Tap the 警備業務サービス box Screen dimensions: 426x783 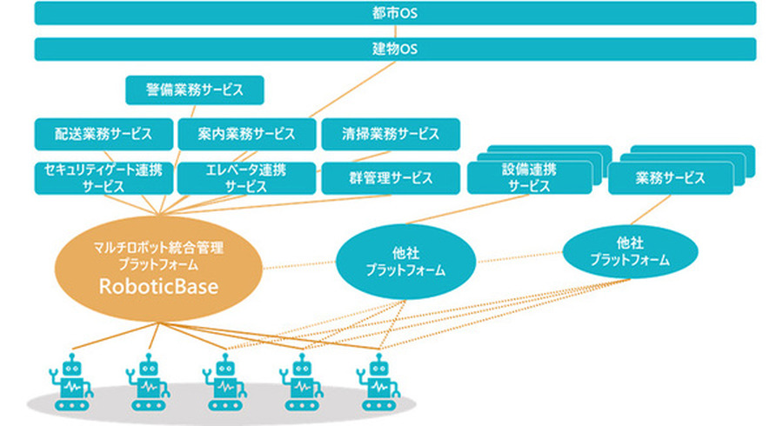pyautogui.click(x=194, y=90)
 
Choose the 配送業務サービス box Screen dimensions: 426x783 pyautogui.click(x=104, y=134)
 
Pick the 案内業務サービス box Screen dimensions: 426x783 pyautogui.click(x=246, y=134)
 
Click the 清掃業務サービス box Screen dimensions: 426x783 pyautogui.click(x=390, y=134)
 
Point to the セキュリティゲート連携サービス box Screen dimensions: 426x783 pyautogui.click(x=104, y=177)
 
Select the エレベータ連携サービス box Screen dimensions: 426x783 pyautogui.click(x=246, y=177)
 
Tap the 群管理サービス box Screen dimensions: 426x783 pyautogui.click(x=390, y=177)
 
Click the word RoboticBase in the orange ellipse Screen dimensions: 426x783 pyautogui.click(x=158, y=284)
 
